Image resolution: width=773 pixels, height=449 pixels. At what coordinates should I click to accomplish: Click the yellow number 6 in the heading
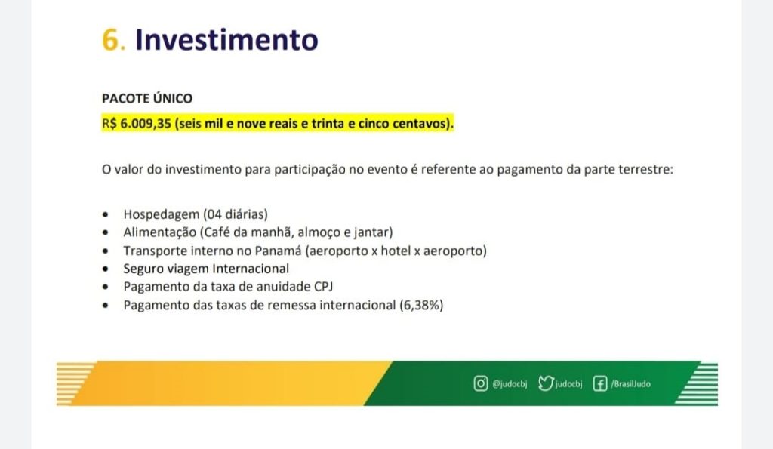110,39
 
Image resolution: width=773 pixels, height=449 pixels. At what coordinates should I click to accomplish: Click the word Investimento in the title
226,39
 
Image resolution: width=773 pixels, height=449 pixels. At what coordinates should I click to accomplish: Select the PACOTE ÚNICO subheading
147,98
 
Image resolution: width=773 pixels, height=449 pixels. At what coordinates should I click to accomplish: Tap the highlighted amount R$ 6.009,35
137,123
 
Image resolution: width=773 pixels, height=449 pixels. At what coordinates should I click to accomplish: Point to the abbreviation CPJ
323,287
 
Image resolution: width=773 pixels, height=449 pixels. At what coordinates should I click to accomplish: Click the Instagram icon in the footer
481,383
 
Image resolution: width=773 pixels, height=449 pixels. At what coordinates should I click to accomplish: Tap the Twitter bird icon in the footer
546,383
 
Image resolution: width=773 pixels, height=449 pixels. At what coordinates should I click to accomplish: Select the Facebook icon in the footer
600,383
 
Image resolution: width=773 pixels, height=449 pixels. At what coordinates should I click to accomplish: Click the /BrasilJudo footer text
630,384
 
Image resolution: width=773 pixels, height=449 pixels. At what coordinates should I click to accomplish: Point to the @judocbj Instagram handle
510,384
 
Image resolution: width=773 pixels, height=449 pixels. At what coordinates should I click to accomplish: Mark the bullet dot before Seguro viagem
105,269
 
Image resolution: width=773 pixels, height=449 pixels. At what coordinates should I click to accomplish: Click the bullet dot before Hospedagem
105,214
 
